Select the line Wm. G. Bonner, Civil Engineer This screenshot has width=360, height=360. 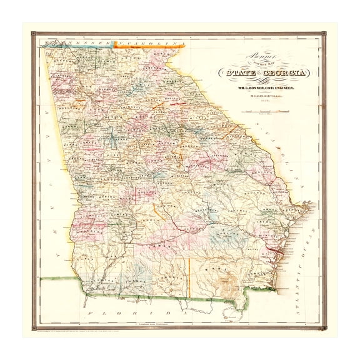[x=269, y=89]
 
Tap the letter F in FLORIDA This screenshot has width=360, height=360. [x=91, y=311]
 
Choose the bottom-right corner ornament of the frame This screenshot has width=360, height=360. [x=324, y=326]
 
